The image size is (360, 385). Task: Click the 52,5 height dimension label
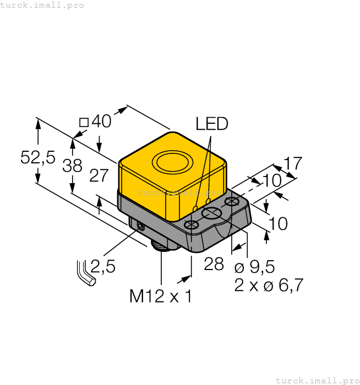tap(38, 158)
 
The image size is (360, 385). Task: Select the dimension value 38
tap(72, 166)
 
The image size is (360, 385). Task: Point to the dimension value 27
tap(99, 175)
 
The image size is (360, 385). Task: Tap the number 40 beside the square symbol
tap(101, 122)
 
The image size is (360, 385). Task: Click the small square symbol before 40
tap(84, 122)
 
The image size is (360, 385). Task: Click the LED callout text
tap(212, 124)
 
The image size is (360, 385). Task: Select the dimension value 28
tap(214, 264)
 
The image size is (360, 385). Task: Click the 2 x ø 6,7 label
tap(269, 285)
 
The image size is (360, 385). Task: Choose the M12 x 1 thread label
tap(161, 296)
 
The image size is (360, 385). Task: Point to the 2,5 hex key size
tap(103, 267)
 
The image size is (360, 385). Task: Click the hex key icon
tap(85, 273)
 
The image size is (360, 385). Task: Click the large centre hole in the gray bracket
tap(212, 213)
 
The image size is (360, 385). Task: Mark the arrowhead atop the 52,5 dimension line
tap(38, 123)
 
